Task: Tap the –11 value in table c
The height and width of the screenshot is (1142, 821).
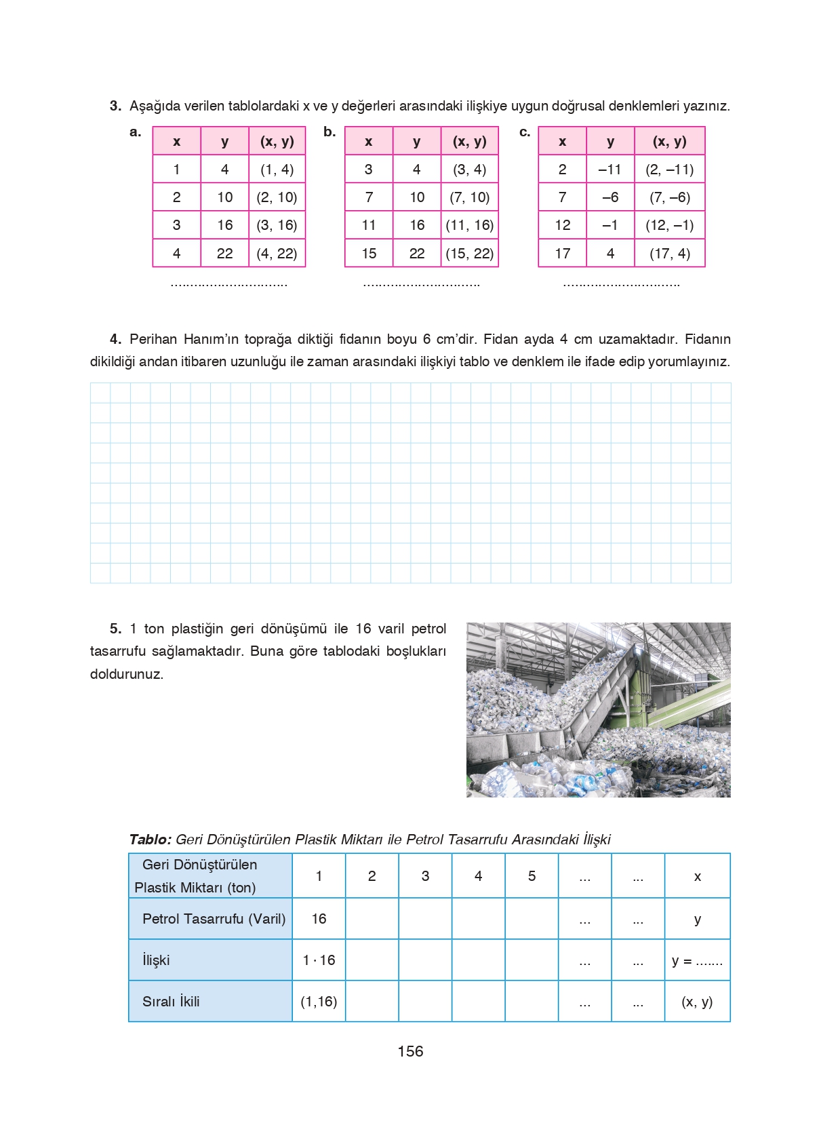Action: pyautogui.click(x=609, y=170)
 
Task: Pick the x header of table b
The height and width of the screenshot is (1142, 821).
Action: pyautogui.click(x=368, y=142)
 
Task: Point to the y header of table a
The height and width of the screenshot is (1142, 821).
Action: pyautogui.click(x=224, y=142)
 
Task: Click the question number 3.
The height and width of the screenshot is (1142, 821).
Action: pyautogui.click(x=115, y=106)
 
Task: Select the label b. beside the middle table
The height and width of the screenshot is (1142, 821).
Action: pyautogui.click(x=329, y=132)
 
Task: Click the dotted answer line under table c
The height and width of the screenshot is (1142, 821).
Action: pyautogui.click(x=621, y=284)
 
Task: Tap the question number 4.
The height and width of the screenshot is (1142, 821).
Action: pyautogui.click(x=115, y=339)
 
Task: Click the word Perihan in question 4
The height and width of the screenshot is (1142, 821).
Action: pyautogui.click(x=153, y=339)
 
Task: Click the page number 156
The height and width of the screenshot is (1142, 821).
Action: pyautogui.click(x=410, y=1051)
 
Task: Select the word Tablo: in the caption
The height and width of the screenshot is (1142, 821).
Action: pyautogui.click(x=150, y=840)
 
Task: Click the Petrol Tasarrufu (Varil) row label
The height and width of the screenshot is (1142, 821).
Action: pyautogui.click(x=214, y=919)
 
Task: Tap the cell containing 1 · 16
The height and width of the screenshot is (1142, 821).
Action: pyautogui.click(x=319, y=960)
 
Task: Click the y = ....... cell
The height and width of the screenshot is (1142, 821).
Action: pyautogui.click(x=697, y=960)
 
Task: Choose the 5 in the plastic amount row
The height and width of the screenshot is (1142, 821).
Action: pyautogui.click(x=532, y=876)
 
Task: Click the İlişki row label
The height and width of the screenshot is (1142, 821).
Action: pyautogui.click(x=156, y=960)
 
